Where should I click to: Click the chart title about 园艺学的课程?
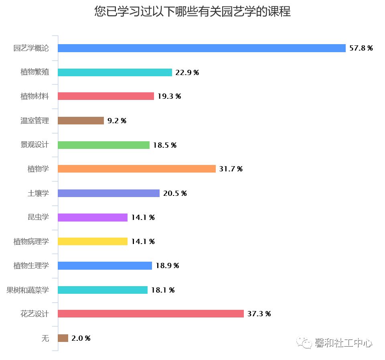coord(192,12)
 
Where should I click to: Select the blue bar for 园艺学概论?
coord(201,48)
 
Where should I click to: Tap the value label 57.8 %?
coord(361,49)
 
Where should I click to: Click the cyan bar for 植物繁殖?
coord(115,72)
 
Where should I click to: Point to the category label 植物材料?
coord(35,96)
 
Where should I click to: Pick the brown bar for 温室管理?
coord(81,120)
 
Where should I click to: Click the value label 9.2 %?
coord(117,121)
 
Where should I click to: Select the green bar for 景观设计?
coord(103,145)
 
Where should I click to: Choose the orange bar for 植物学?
coord(136,169)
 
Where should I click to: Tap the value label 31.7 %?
coord(231,169)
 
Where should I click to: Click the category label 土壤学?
coord(38,193)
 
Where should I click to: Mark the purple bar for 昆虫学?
coord(93,217)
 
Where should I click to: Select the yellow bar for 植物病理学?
coord(93,241)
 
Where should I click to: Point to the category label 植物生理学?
coord(31,266)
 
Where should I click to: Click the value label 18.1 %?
coord(162,290)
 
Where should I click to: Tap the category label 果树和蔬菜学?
coord(28,290)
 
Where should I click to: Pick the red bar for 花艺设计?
coord(150,314)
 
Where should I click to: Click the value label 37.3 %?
coord(259,314)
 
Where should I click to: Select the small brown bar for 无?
coord(63,338)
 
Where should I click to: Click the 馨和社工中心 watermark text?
coord(343,344)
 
